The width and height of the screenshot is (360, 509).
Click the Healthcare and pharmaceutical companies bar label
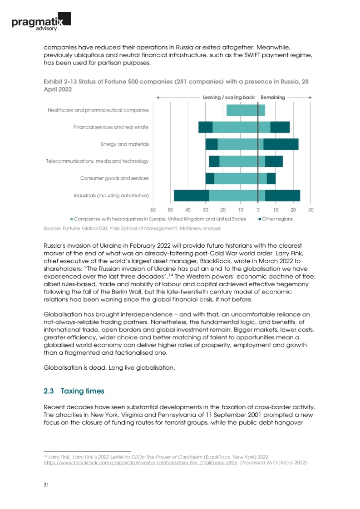click(98, 110)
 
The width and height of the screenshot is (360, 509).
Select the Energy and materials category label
click(125, 144)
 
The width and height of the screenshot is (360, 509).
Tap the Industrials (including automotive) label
click(111, 196)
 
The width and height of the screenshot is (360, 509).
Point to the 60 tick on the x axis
click(153, 210)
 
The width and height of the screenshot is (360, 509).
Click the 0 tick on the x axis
click(258, 210)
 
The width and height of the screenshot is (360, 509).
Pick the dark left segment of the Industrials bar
click(191, 196)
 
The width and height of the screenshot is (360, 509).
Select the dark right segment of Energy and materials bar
click(281, 144)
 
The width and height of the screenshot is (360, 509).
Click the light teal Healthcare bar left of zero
click(242, 110)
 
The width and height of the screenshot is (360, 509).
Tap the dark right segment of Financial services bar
click(280, 127)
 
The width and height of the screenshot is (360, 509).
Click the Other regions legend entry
click(276, 219)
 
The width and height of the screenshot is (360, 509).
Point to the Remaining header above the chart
click(273, 97)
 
